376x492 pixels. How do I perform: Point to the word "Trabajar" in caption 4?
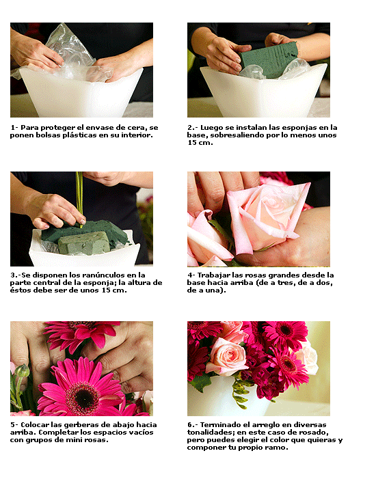pyautogui.click(x=214, y=275)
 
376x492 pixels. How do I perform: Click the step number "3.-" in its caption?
pyautogui.click(x=16, y=275)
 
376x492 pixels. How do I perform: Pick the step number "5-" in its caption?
pyautogui.click(x=14, y=425)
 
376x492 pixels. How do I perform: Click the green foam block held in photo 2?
pyautogui.click(x=268, y=59)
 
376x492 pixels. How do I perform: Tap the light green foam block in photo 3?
pyautogui.click(x=84, y=243)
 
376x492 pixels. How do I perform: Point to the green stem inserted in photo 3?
pyautogui.click(x=79, y=197)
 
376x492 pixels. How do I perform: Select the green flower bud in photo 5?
pyautogui.click(x=22, y=371)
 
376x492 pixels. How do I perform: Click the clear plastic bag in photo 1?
pyautogui.click(x=69, y=53)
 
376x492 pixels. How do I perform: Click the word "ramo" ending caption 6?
pyautogui.click(x=278, y=448)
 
